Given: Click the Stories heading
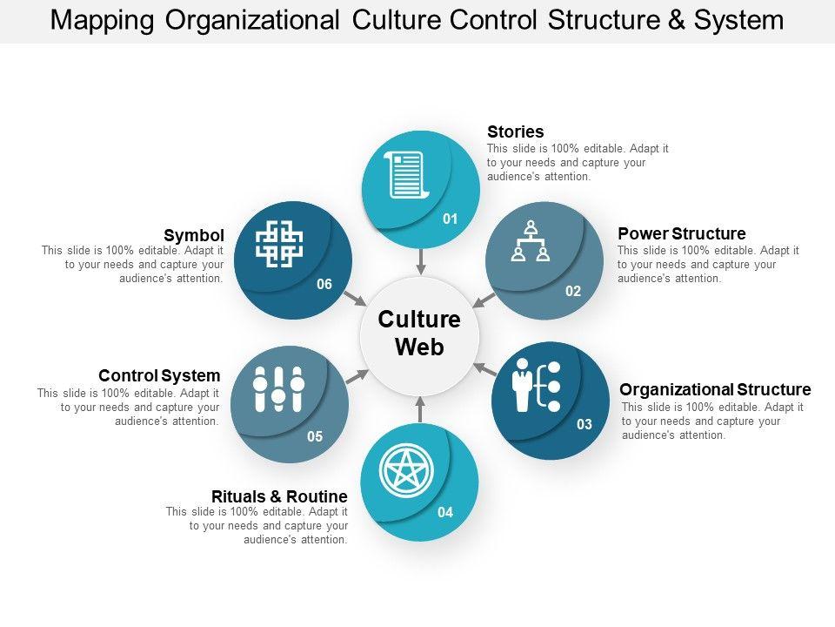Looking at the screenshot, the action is coord(515,132).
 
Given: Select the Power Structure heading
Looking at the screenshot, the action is coord(681,233).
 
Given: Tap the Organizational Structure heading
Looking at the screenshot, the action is coord(715,389).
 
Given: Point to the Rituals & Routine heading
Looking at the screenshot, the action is coord(279,496).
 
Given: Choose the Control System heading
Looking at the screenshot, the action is coord(159,375).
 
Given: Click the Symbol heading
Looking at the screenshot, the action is coord(194,235).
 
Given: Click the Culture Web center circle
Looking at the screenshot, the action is coord(419,334).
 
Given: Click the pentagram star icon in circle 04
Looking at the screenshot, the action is coord(405,470).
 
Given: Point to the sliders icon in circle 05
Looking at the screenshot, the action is coord(278,388).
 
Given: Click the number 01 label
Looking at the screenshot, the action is coord(450,219).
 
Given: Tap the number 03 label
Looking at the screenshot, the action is coord(584,424).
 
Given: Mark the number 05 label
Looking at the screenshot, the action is coord(315,436).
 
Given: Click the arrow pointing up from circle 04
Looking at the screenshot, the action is coord(420,408).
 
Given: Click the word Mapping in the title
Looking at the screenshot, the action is coord(100,19).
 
